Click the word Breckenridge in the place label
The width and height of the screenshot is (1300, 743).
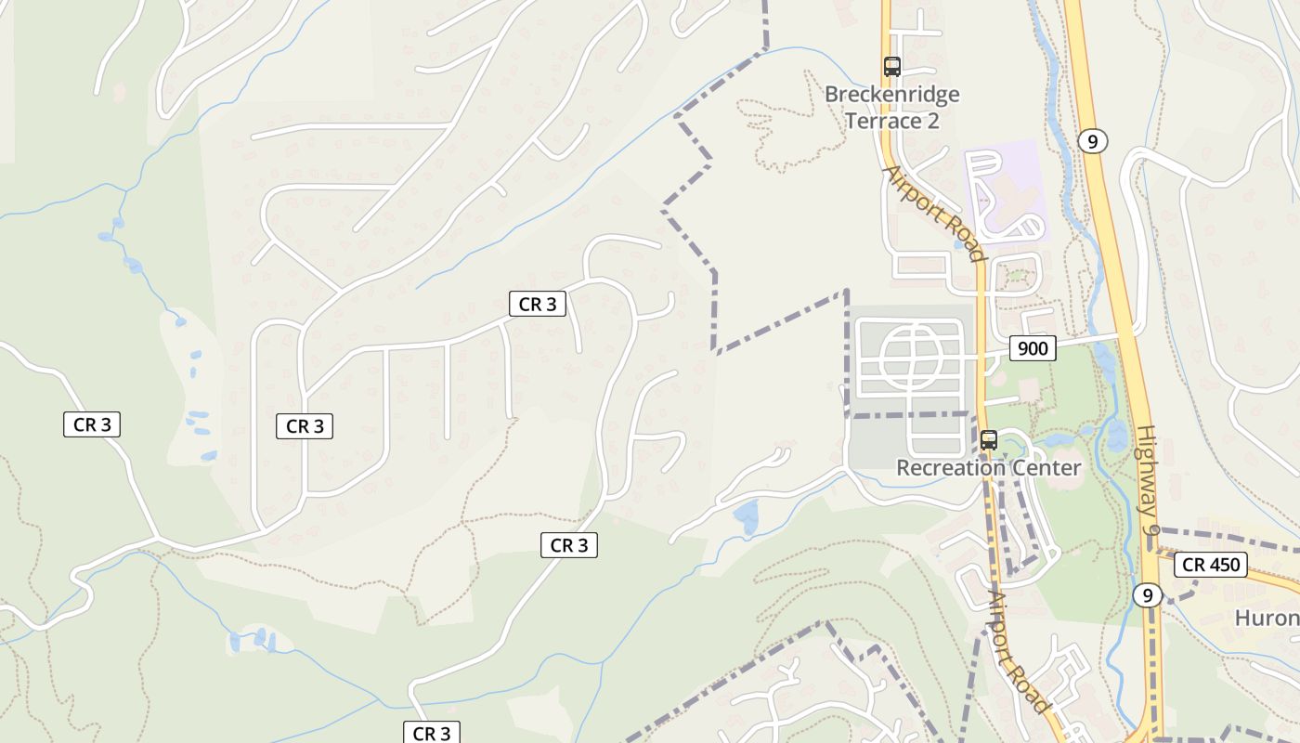[891, 95]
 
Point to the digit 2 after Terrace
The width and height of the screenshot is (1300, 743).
[932, 121]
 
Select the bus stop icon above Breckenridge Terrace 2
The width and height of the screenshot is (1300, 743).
[892, 66]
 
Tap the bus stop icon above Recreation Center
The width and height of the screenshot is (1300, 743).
[989, 440]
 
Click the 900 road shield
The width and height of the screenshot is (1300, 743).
[1033, 348]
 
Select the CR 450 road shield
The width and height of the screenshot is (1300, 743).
[1212, 564]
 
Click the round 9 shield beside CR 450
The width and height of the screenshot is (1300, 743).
[1148, 595]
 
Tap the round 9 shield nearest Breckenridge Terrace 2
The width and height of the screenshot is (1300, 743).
[1093, 141]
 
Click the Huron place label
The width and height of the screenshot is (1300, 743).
[1267, 618]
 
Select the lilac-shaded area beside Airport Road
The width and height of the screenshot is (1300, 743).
[1005, 190]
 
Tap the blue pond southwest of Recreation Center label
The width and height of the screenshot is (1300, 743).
[746, 517]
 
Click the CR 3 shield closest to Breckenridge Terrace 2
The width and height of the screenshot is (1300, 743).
[538, 304]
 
